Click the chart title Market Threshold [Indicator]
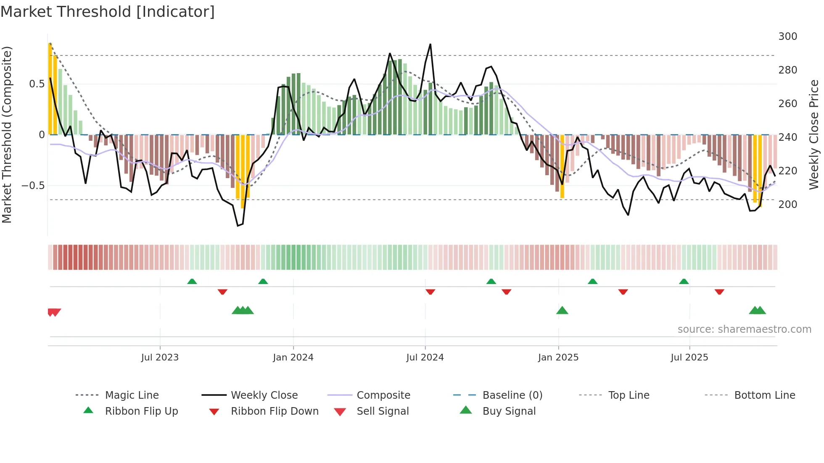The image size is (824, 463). click(108, 12)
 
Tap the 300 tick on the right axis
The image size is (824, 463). click(787, 37)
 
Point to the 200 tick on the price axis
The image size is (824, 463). click(787, 205)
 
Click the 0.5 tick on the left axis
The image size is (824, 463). click(37, 84)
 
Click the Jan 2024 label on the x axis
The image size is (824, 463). click(293, 358)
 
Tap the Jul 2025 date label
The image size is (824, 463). click(689, 358)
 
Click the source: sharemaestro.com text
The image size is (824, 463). click(744, 329)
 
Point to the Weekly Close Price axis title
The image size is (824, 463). click(814, 134)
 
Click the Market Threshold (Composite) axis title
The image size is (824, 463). click(7, 134)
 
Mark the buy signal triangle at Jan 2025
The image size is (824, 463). click(562, 311)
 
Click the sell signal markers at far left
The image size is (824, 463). click(54, 312)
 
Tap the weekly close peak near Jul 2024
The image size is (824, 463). click(430, 45)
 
